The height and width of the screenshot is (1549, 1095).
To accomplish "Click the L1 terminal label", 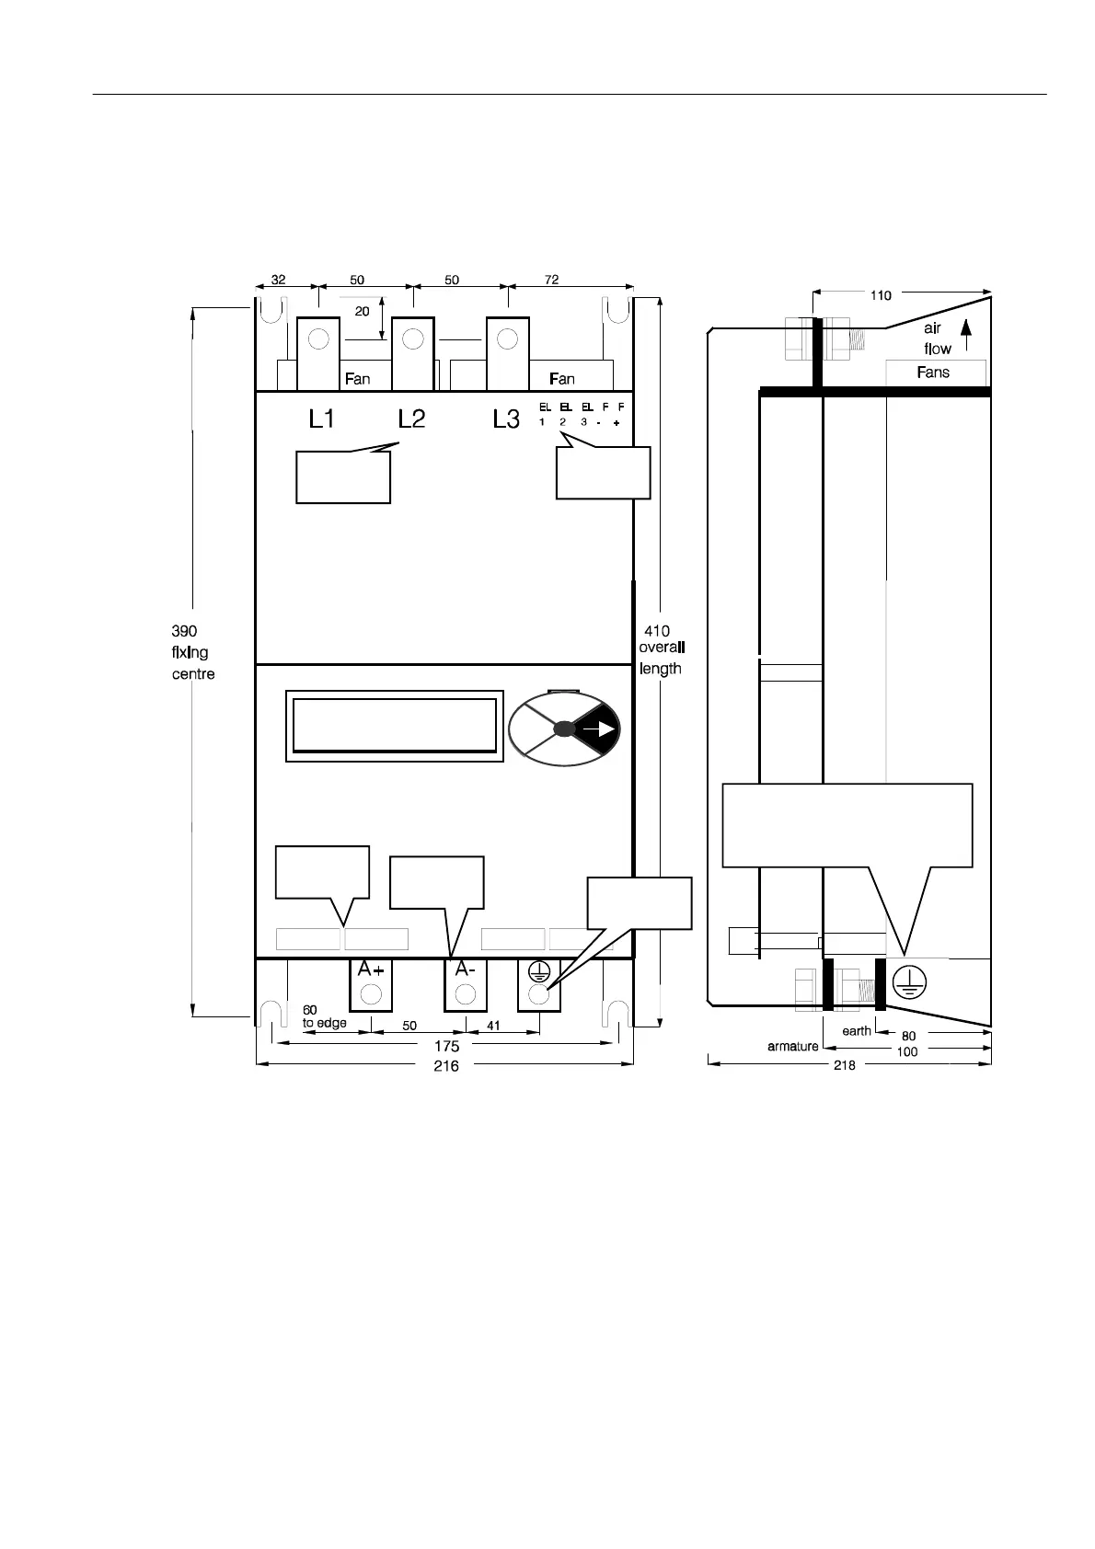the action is pyautogui.click(x=322, y=419).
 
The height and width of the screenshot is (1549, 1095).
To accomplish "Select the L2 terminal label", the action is pyautogui.click(x=411, y=419).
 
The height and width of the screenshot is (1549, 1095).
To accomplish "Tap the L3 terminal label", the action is pyautogui.click(x=506, y=419).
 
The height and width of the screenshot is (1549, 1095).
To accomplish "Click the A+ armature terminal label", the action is pyautogui.click(x=371, y=970).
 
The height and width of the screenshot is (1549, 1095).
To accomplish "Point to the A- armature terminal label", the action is pyautogui.click(x=465, y=970).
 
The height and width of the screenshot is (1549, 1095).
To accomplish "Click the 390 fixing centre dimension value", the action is pyautogui.click(x=184, y=631).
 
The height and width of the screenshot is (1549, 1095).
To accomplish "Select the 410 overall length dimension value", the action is pyautogui.click(x=656, y=631).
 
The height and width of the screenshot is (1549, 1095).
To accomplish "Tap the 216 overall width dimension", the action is pyautogui.click(x=446, y=1066).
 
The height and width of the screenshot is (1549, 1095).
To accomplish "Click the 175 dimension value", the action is pyautogui.click(x=447, y=1046).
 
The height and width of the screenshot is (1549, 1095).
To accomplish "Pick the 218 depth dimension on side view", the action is pyautogui.click(x=844, y=1065).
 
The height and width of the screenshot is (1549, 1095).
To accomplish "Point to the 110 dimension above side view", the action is pyautogui.click(x=881, y=295).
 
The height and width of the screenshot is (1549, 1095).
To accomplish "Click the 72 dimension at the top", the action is pyautogui.click(x=551, y=280).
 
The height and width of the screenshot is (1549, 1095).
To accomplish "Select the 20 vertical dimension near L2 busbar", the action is pyautogui.click(x=362, y=311).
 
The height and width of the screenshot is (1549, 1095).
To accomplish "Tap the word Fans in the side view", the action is pyautogui.click(x=933, y=372).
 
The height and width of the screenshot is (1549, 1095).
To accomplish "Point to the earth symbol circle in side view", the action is pyautogui.click(x=909, y=982).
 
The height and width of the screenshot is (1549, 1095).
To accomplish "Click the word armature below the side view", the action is pyautogui.click(x=792, y=1046).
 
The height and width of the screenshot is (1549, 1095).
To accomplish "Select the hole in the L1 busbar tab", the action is pyautogui.click(x=318, y=338).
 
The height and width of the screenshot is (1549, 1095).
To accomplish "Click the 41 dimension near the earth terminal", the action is pyautogui.click(x=493, y=1026).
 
